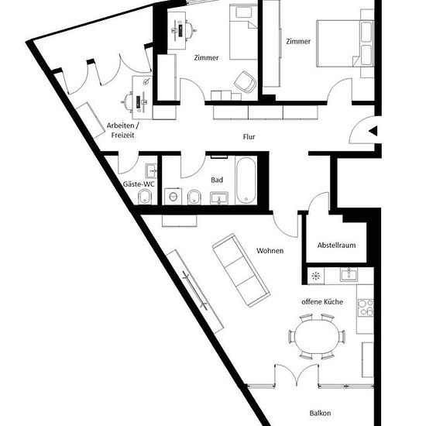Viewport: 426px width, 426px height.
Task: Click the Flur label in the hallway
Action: pyautogui.click(x=249, y=136)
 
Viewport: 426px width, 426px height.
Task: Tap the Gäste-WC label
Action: pyautogui.click(x=139, y=184)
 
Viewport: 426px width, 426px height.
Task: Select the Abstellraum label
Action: pyautogui.click(x=336, y=245)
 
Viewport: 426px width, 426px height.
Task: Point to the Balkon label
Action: pyautogui.click(x=320, y=414)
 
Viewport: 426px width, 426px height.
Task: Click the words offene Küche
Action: pyautogui.click(x=322, y=301)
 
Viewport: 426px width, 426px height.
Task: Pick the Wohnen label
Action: pyautogui.click(x=270, y=250)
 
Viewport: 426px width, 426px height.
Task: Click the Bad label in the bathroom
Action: pyautogui.click(x=217, y=180)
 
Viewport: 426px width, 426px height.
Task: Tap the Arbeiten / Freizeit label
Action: pyautogui.click(x=123, y=130)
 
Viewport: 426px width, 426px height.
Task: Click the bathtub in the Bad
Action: pyautogui.click(x=246, y=180)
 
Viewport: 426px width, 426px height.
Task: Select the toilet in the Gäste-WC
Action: pyautogui.click(x=145, y=197)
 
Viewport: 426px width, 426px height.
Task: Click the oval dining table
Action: pyautogui.click(x=317, y=337)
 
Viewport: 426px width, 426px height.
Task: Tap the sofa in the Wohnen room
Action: pyautogui.click(x=241, y=270)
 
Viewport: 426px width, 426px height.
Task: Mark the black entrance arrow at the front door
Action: pyautogui.click(x=373, y=131)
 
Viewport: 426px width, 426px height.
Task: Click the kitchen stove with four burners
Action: pyautogui.click(x=366, y=307)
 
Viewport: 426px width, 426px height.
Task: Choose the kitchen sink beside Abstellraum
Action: pyautogui.click(x=349, y=274)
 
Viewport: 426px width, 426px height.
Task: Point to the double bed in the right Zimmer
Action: pyautogui.click(x=345, y=43)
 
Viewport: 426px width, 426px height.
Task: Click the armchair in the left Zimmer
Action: pyautogui.click(x=245, y=81)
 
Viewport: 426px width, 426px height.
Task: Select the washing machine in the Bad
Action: pyautogui.click(x=173, y=196)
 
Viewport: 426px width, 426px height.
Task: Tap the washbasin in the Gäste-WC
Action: pyautogui.click(x=151, y=170)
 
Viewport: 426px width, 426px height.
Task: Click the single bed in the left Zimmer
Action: pyautogui.click(x=243, y=32)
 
